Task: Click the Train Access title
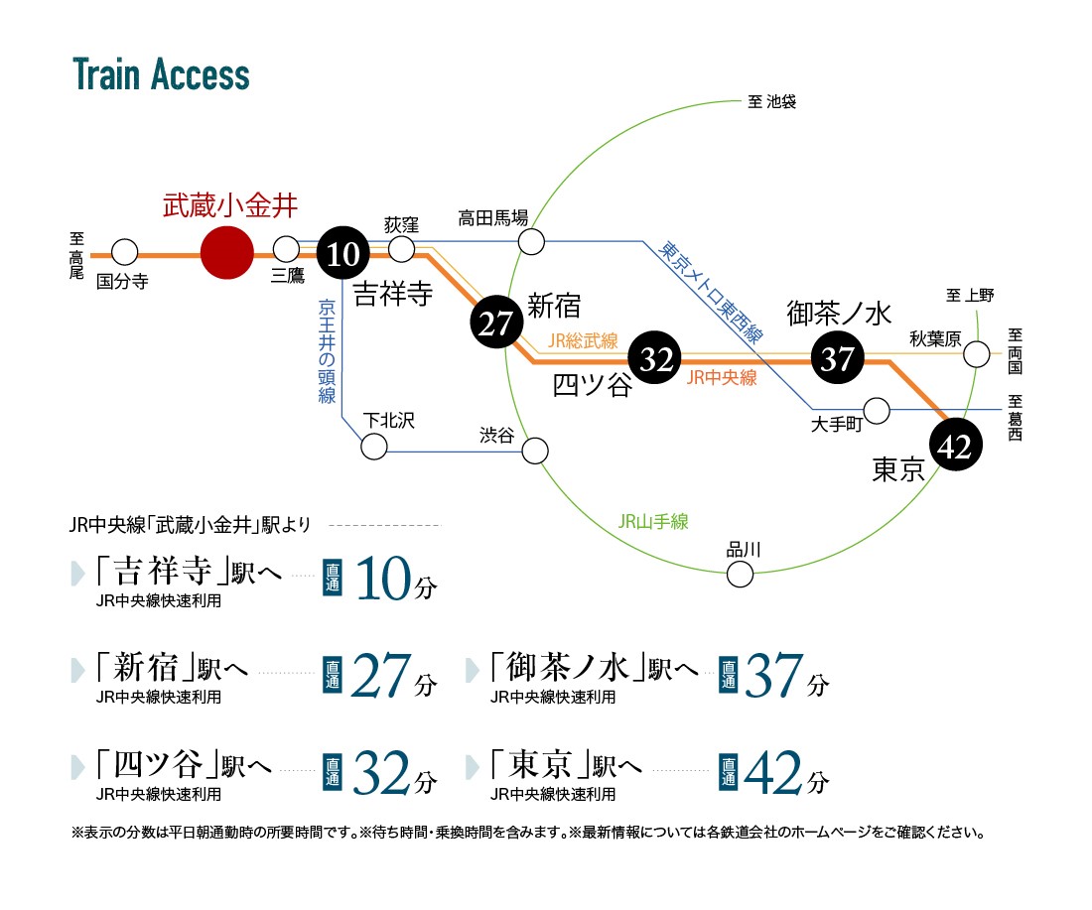tap(161, 75)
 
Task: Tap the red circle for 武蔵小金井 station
tap(227, 253)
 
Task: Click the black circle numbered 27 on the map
tap(494, 324)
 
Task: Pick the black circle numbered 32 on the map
tap(656, 358)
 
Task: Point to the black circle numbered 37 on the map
tap(837, 357)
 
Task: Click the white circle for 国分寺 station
tap(125, 251)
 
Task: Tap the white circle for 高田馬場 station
tap(532, 241)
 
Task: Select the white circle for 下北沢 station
tap(374, 447)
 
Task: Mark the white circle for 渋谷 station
tap(535, 451)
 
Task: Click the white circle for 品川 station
tap(740, 573)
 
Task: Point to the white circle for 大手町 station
tap(877, 410)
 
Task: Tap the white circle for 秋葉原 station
tap(977, 353)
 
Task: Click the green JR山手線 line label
tap(652, 521)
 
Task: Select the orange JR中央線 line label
tap(721, 377)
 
